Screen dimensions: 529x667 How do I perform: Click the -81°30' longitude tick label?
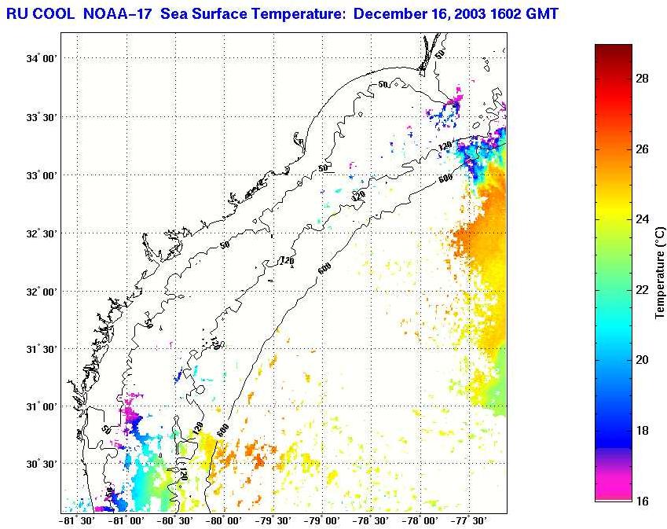(76, 520)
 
